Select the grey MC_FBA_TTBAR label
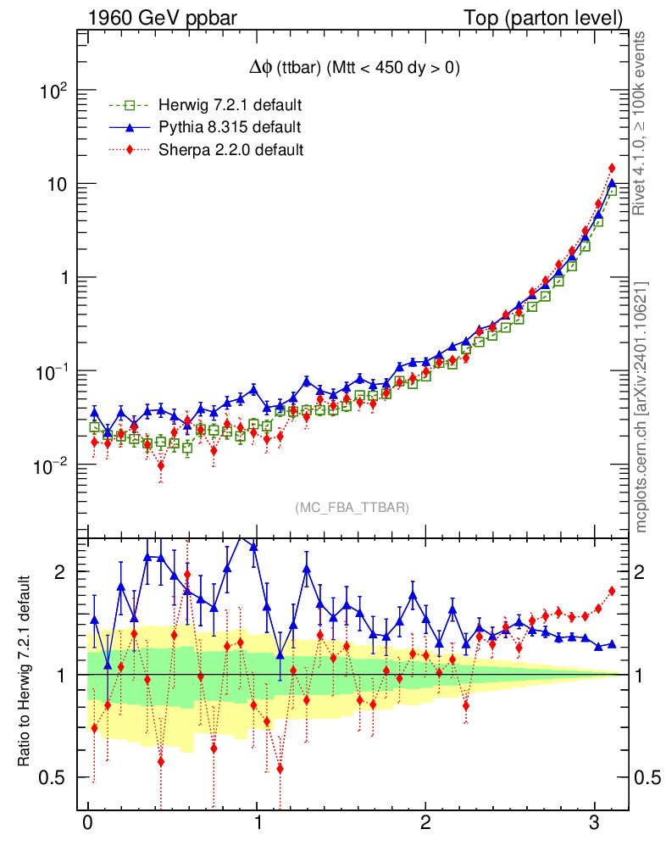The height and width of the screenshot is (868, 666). (352, 507)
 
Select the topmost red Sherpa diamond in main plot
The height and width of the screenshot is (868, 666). (612, 168)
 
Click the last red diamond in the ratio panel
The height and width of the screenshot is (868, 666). (612, 591)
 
